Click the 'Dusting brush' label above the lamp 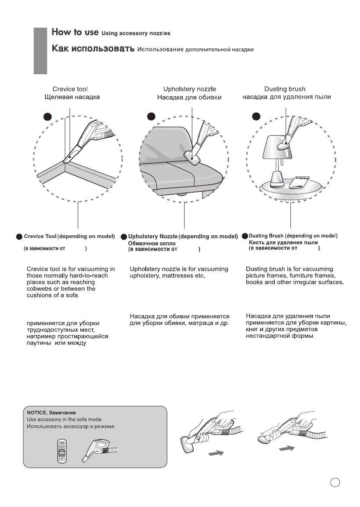click(x=285, y=89)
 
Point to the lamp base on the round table click(x=277, y=177)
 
